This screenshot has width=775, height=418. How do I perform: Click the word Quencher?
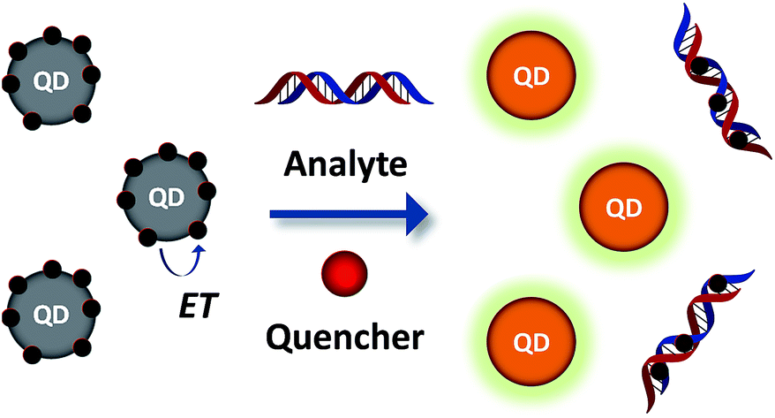point(347,338)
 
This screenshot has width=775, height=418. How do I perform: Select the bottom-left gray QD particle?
point(49,313)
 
